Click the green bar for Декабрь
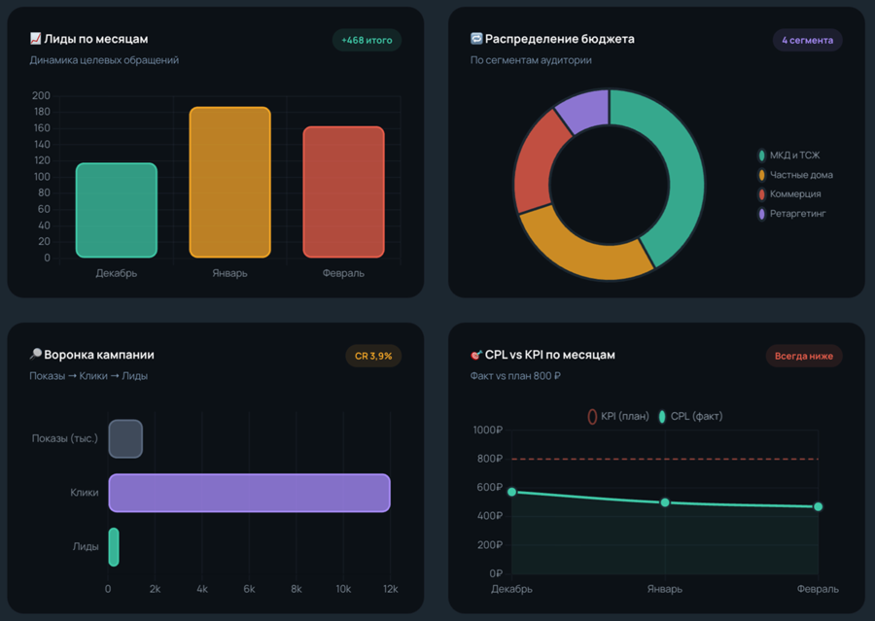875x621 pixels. (117, 210)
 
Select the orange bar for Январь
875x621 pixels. (229, 182)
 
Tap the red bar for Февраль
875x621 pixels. (344, 191)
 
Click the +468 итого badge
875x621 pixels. (367, 40)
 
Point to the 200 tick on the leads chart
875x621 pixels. (41, 95)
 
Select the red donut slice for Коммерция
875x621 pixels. (537, 162)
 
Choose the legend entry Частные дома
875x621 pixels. (795, 175)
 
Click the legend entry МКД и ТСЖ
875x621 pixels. (789, 155)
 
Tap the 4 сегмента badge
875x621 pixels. (808, 40)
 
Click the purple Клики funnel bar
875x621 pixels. (250, 493)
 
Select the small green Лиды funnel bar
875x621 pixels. (114, 547)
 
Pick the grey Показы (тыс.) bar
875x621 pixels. (125, 438)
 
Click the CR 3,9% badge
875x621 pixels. (373, 356)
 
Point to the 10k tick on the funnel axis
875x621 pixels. (343, 589)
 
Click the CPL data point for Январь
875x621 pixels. (665, 502)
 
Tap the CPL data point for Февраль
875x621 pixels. (818, 506)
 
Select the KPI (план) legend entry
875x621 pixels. (618, 416)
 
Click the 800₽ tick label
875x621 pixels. (488, 459)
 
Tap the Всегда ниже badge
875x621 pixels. (804, 356)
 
